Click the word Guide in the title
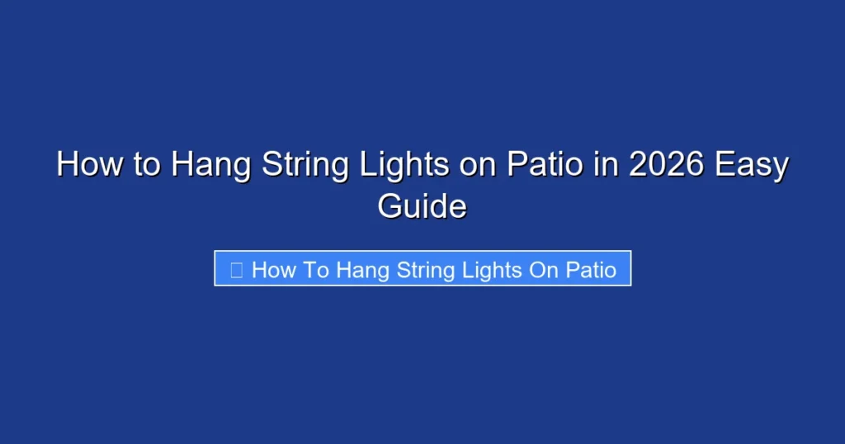pyautogui.click(x=422, y=206)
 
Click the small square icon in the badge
pyautogui.click(x=237, y=270)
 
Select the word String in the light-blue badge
pyautogui.click(x=424, y=271)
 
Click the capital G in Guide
pyautogui.click(x=390, y=205)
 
